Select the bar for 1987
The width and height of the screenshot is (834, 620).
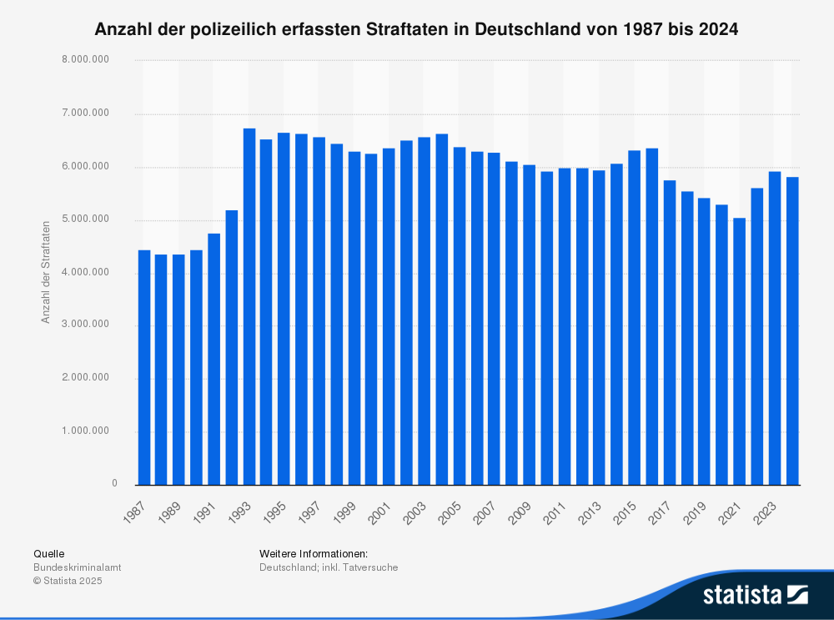pos(144,367)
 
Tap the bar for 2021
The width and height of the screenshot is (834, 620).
pos(739,351)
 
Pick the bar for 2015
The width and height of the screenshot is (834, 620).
pos(634,318)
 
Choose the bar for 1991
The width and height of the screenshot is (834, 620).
pos(214,359)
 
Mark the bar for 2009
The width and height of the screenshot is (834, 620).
pos(529,325)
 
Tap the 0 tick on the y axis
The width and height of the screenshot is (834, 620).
pos(114,484)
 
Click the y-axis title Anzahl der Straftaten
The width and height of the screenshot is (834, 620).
pos(45,272)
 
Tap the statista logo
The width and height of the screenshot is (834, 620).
pos(755,594)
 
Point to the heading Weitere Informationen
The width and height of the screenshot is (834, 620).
pos(313,553)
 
